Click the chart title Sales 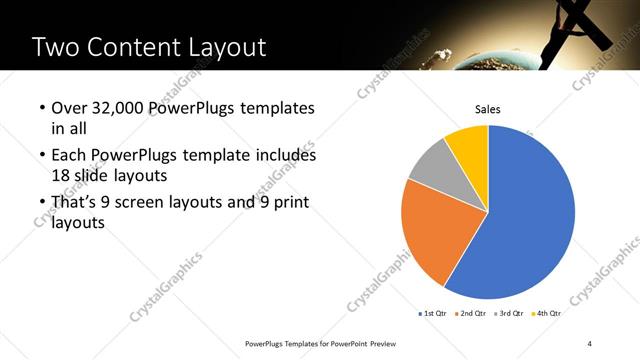tap(487, 110)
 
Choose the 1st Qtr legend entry tap(433, 314)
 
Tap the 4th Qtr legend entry tap(545, 314)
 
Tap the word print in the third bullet tap(288, 204)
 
